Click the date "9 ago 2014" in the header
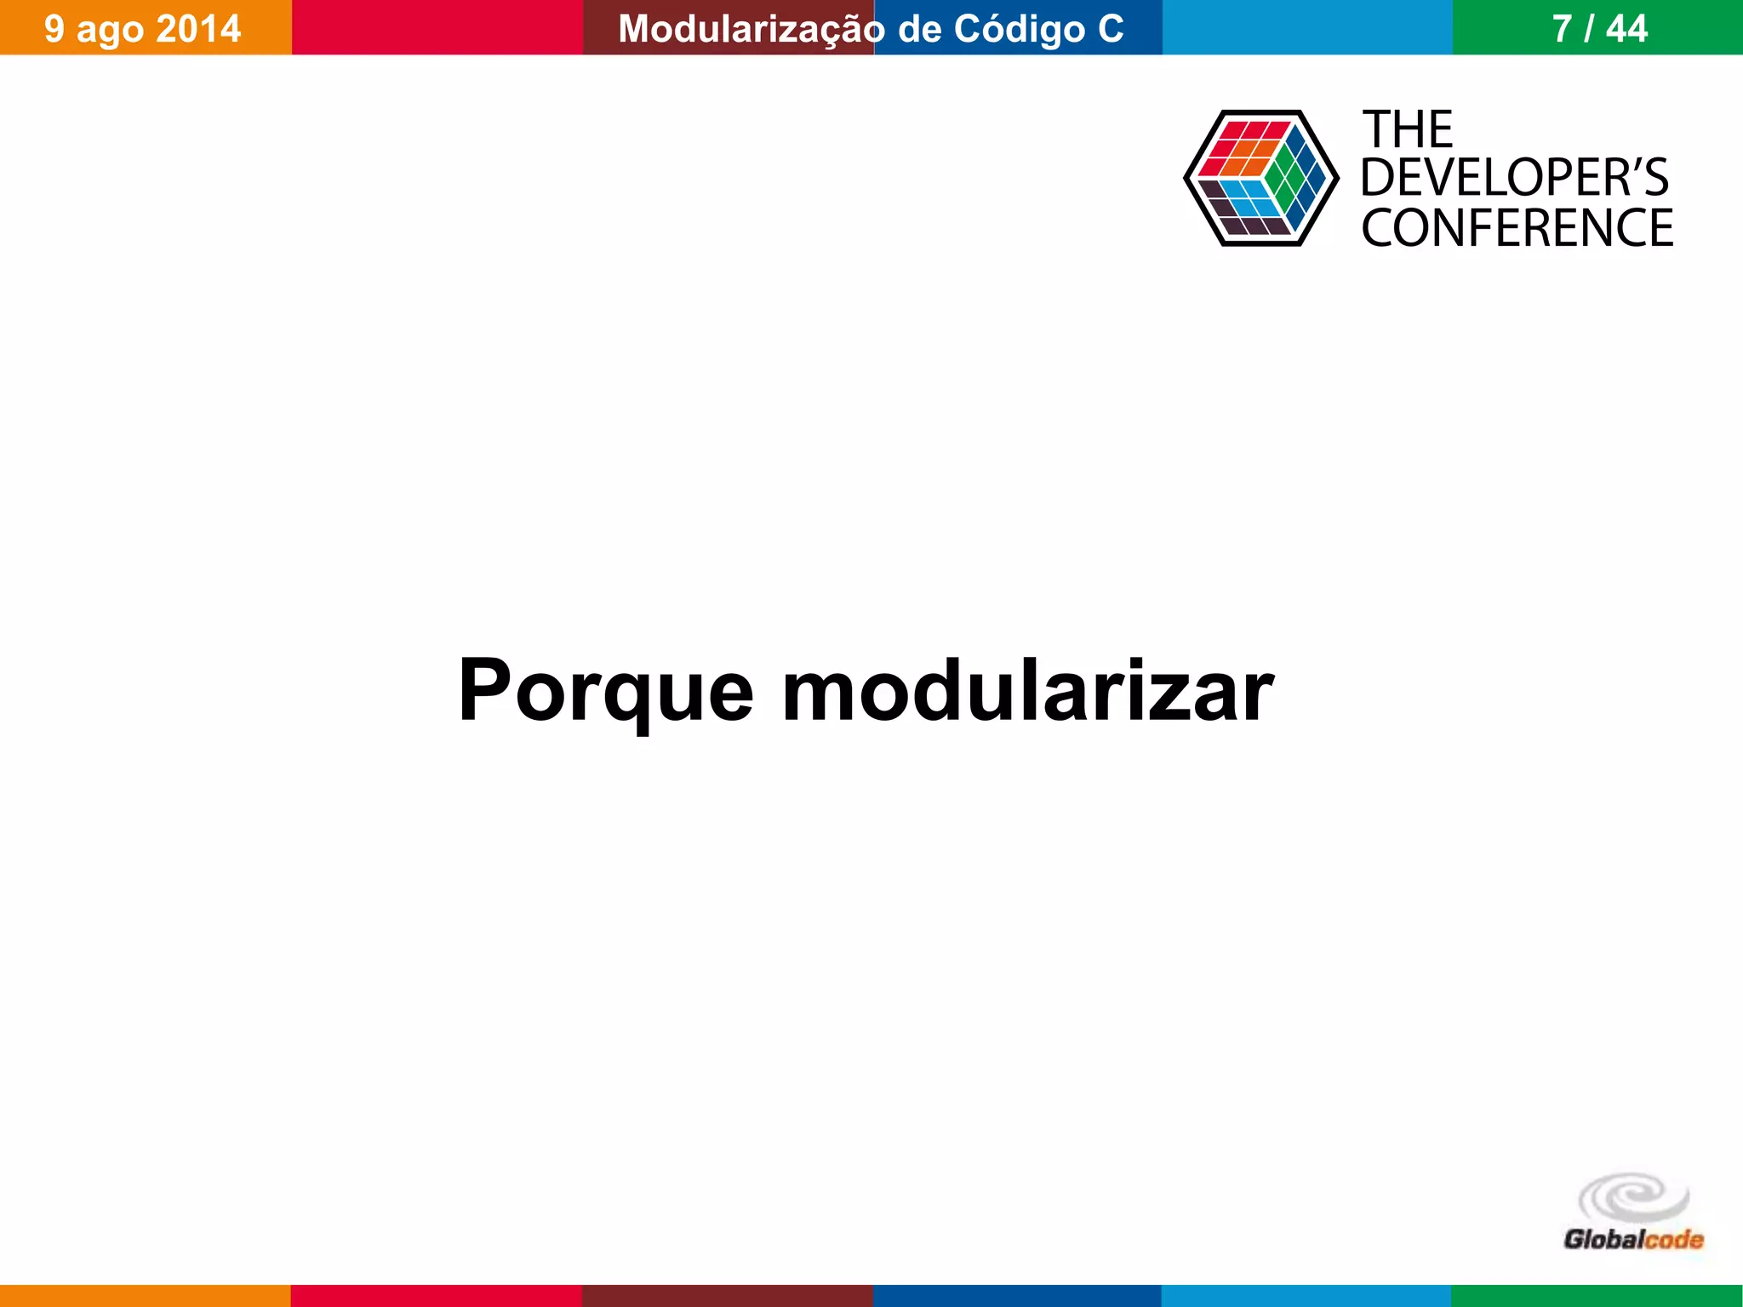(142, 29)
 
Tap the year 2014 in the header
(198, 29)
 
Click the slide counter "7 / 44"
(1599, 29)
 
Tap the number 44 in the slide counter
(1626, 29)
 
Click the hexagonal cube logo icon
(1260, 178)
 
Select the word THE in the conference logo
(1408, 130)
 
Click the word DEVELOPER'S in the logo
(1515, 178)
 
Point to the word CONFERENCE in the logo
(1517, 228)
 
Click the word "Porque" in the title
(605, 691)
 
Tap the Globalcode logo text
(1633, 1239)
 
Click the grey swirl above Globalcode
(1633, 1197)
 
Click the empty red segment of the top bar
(437, 27)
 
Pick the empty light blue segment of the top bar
(1307, 27)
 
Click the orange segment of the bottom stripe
(145, 1295)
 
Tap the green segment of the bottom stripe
(1597, 1295)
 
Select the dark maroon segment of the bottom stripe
(727, 1295)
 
